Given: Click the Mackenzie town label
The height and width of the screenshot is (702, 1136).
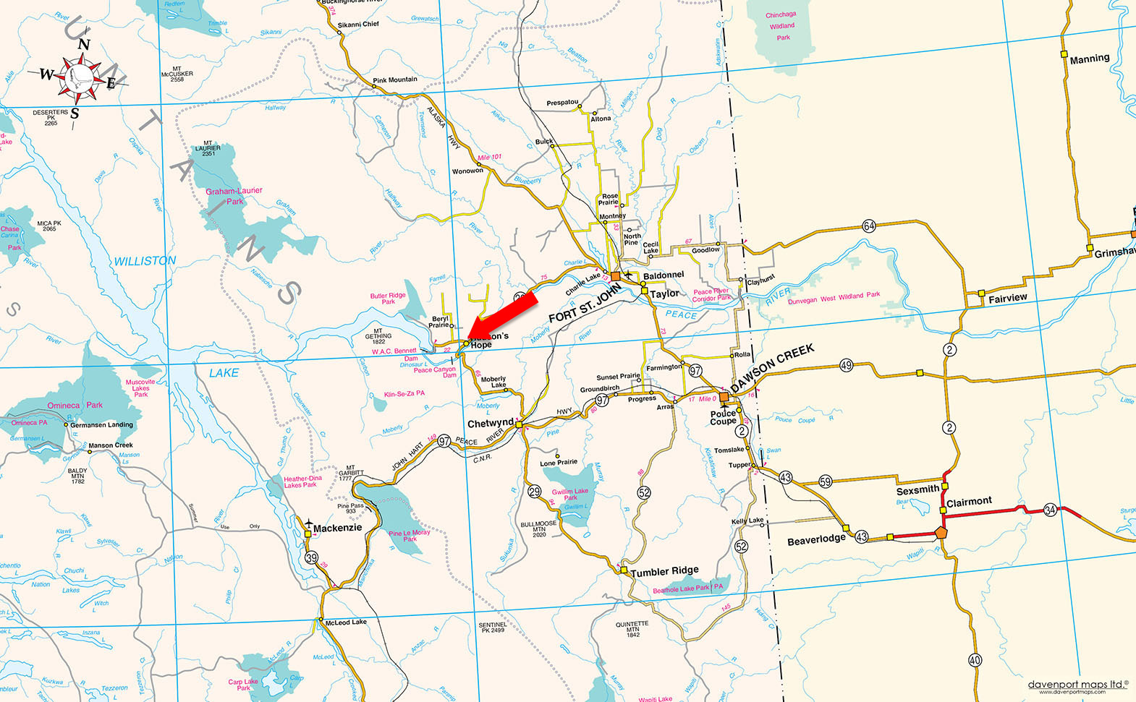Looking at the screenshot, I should click(x=337, y=528).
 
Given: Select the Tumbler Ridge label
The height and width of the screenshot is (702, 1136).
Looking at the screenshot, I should click(x=664, y=571).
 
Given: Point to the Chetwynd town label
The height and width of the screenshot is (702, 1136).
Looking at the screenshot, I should click(x=490, y=424).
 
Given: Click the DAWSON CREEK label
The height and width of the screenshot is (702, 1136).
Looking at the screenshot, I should click(x=772, y=368).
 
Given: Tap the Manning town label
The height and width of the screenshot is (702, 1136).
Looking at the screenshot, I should click(x=1089, y=59).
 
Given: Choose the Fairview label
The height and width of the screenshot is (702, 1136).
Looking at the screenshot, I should click(x=1007, y=298).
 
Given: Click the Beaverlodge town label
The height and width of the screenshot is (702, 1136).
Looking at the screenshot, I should click(x=816, y=539).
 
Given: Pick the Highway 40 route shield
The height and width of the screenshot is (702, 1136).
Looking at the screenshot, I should click(x=975, y=659).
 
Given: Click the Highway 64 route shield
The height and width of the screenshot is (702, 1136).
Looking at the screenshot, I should click(x=869, y=226).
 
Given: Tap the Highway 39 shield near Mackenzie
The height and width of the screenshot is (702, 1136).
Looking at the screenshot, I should click(x=311, y=557).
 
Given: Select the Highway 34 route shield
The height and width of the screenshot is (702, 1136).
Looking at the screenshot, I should click(x=1050, y=510).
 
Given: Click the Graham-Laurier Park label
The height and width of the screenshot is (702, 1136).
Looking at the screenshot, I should click(x=234, y=196).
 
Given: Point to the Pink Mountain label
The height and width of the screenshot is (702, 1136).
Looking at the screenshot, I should click(x=395, y=80).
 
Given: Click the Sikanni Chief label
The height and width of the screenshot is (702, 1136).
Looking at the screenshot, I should click(x=358, y=25).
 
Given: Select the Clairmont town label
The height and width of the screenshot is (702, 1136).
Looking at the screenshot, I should click(x=969, y=502).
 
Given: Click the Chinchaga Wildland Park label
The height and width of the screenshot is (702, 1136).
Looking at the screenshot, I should click(x=781, y=26).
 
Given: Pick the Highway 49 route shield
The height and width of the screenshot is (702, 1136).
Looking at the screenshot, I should click(x=846, y=366).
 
